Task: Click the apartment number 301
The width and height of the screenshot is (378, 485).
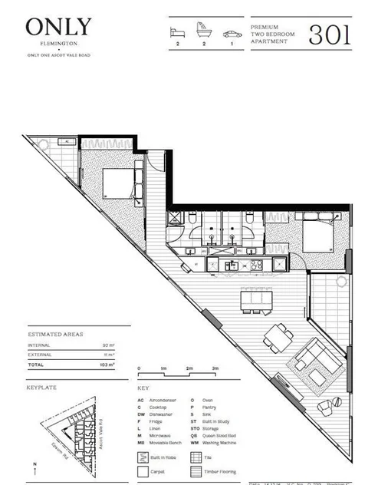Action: pos(330,34)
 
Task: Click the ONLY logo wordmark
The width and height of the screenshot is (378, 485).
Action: pos(58,28)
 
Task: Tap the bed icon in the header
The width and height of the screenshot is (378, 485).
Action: pos(177,34)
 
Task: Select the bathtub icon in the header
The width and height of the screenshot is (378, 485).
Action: pos(202,34)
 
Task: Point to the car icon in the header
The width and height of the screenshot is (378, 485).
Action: pos(229,34)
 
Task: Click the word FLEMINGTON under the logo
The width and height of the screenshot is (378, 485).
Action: pos(58,45)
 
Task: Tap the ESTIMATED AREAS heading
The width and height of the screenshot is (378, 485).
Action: pos(56,335)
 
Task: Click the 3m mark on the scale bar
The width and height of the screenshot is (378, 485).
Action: pos(217,369)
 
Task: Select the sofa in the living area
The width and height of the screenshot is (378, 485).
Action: pos(311,358)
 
